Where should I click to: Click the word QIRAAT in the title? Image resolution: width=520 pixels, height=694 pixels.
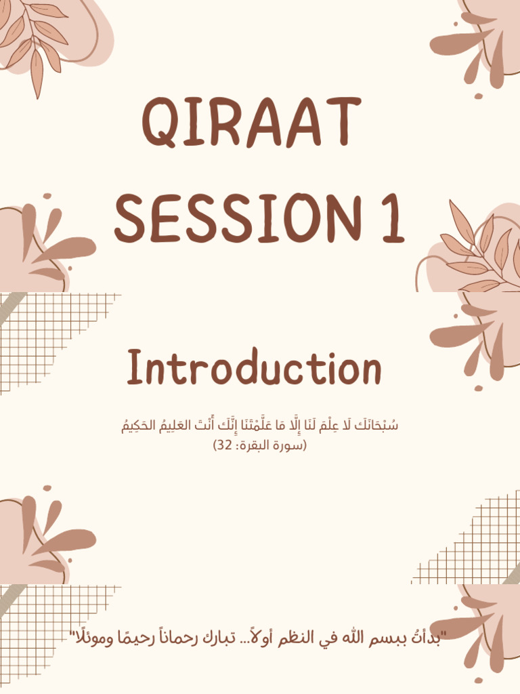tap(251, 123)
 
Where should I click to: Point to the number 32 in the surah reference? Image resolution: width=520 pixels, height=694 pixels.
tap(224, 445)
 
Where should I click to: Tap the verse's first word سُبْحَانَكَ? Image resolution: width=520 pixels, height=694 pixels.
tap(376, 427)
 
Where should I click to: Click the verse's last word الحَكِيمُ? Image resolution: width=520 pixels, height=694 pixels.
tap(139, 427)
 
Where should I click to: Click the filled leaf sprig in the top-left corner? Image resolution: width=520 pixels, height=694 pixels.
tap(37, 41)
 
